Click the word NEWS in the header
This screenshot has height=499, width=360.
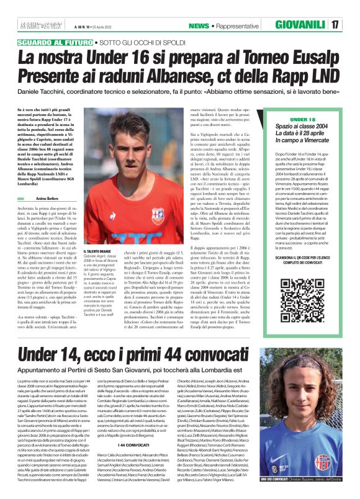199,26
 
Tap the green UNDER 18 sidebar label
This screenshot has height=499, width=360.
302,118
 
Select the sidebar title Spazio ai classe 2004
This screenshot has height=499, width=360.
303,127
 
